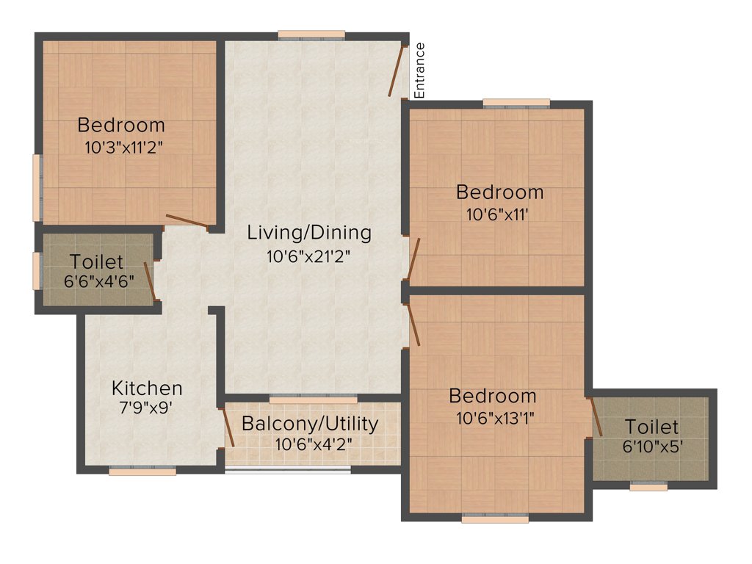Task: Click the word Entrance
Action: point(419,70)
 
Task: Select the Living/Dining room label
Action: point(309,234)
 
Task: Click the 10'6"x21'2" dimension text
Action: point(309,257)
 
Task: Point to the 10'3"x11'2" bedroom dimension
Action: point(123,146)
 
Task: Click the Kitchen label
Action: point(147,388)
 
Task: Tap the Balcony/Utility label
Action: point(310,424)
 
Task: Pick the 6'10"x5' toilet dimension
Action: point(652,447)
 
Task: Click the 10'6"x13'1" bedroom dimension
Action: point(493,418)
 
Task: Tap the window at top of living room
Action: point(311,35)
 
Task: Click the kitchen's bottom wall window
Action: point(142,471)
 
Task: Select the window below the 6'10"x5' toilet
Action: point(648,486)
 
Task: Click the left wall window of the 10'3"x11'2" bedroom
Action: point(37,187)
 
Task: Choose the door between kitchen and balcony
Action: point(228,427)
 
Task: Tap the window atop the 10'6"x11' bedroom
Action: point(516,103)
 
